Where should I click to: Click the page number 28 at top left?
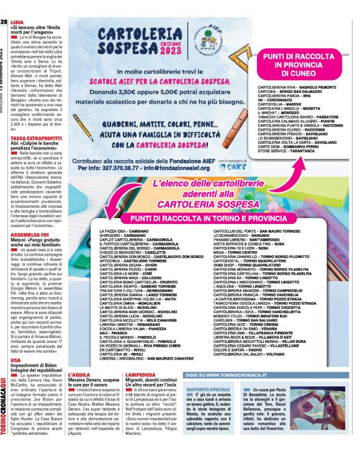4,22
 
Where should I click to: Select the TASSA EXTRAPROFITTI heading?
37,137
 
